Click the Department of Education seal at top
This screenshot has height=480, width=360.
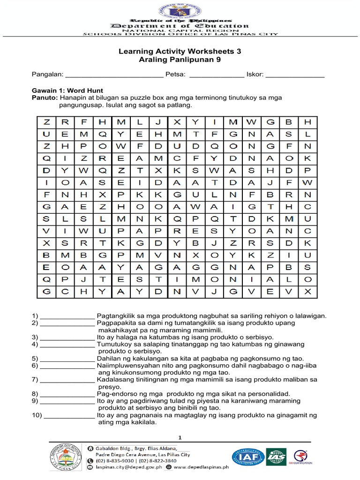coord(180,9)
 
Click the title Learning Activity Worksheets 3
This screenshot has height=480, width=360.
coord(180,52)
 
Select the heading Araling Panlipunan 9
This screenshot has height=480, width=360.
coord(180,60)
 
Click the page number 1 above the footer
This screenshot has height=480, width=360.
coord(180,437)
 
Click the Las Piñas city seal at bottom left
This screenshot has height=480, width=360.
coord(65,458)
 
